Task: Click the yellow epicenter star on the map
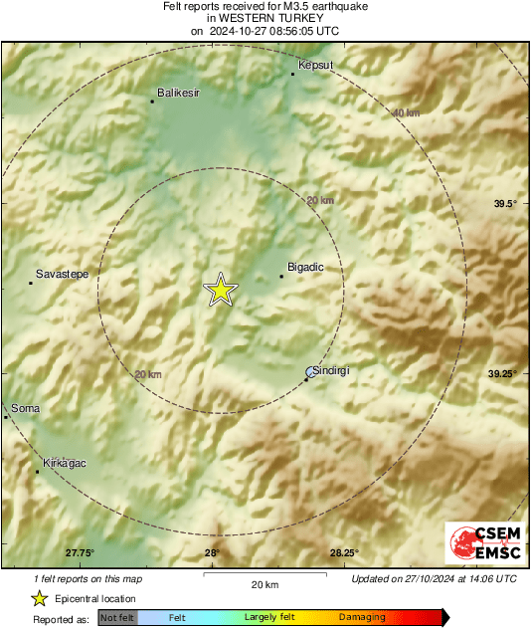221,290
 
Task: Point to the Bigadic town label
304,268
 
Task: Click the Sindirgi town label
331,370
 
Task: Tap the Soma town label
24,408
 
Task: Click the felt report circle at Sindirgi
308,373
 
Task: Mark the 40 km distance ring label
406,113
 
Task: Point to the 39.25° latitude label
503,373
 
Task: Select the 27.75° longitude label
80,553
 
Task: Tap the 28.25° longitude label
344,553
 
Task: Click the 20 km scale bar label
265,583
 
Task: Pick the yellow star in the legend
39,598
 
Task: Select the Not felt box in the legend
118,618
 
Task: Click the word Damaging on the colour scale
362,618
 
